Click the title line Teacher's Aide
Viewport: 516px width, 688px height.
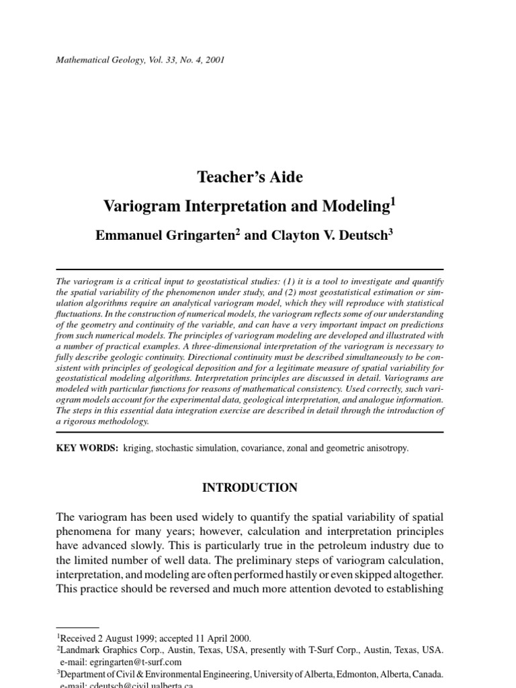point(250,177)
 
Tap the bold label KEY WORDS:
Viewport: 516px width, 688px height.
point(87,447)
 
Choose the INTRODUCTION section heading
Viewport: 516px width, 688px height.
point(250,488)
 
